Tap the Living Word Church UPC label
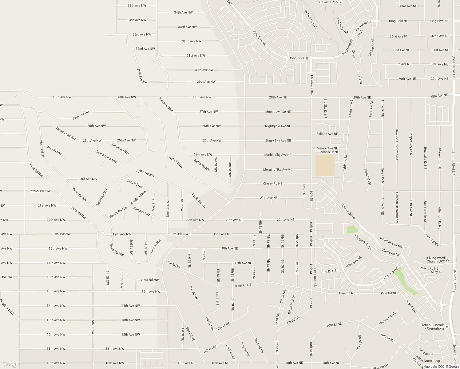436,260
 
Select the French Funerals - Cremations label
432,327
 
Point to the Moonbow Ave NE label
278,112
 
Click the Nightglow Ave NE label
278,126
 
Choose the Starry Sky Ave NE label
278,141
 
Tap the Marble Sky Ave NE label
278,155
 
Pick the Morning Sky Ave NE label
278,169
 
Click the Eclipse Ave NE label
327,134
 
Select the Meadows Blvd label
311,86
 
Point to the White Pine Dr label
291,304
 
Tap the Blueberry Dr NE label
363,242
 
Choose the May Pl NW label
54,150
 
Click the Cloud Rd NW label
121,149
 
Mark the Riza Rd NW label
135,184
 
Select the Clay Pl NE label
223,326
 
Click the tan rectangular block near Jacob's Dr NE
325,166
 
